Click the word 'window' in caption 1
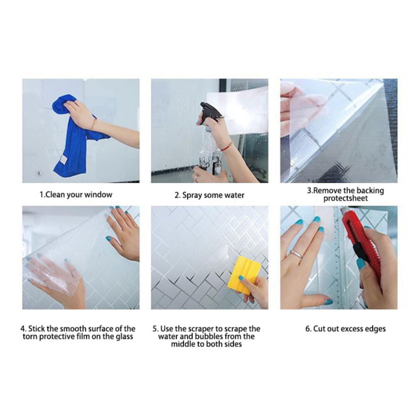(98, 194)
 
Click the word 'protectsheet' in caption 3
(346, 199)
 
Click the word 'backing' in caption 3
(370, 191)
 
